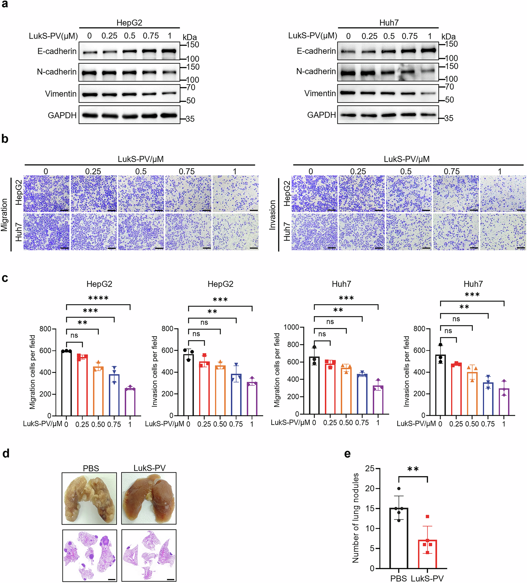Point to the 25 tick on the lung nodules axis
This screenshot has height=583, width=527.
point(369,468)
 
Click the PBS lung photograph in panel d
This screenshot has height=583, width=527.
point(89,498)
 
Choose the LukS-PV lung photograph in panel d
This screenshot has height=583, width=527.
point(149,498)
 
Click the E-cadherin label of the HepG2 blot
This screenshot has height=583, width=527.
point(57,51)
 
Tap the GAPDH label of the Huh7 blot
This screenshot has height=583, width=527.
point(321,115)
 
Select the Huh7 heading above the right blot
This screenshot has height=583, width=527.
point(389,23)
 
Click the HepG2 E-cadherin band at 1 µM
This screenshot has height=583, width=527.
point(169,51)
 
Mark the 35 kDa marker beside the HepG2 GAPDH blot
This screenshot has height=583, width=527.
point(190,119)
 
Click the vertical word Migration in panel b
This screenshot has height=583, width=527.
point(4,215)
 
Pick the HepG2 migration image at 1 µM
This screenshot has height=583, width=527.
point(236,193)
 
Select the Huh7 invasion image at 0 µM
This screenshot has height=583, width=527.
point(314,232)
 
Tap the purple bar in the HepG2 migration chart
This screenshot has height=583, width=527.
point(130,402)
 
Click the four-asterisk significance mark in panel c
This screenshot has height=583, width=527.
point(98,298)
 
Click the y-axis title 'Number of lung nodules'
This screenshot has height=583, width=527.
point(355,518)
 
